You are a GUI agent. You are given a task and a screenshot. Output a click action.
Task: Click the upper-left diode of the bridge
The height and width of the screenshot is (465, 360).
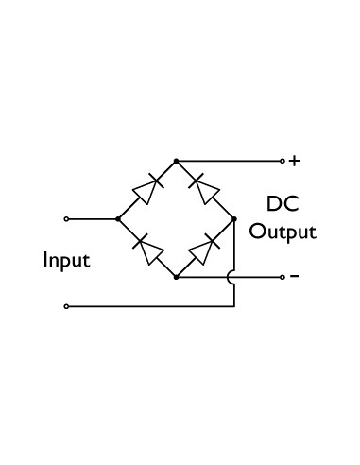pos(146,190)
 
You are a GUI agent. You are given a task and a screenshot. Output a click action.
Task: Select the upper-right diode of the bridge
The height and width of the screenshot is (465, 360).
pos(204,190)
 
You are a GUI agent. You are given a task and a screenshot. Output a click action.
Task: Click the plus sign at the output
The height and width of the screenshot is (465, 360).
pos(295,161)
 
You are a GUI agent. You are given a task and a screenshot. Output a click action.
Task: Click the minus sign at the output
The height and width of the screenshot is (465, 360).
pos(294,277)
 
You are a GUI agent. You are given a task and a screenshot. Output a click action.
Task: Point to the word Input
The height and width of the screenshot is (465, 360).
pos(66,260)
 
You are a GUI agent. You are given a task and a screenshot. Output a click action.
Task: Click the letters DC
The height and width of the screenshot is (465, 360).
pos(282,205)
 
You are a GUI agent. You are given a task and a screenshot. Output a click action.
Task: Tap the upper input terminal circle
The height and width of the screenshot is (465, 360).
pos(65,219)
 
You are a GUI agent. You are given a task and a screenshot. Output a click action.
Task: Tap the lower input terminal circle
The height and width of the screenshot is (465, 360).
pos(65,306)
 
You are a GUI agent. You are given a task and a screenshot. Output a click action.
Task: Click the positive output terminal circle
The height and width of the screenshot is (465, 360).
pos(281,161)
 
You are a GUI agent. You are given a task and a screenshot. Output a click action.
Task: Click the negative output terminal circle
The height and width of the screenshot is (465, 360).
pos(281,277)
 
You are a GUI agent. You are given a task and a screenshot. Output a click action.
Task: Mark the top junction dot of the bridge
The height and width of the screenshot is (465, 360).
pos(176,161)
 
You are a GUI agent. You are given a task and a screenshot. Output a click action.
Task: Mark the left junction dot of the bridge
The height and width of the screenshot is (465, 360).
pos(117,219)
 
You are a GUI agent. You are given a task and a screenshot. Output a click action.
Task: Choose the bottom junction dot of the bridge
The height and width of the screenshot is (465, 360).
pos(176,277)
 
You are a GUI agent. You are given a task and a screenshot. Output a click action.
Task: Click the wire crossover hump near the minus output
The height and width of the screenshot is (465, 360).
pos(234,277)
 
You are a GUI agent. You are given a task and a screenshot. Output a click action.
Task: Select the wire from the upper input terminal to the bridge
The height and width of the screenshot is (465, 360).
pos(92,219)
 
